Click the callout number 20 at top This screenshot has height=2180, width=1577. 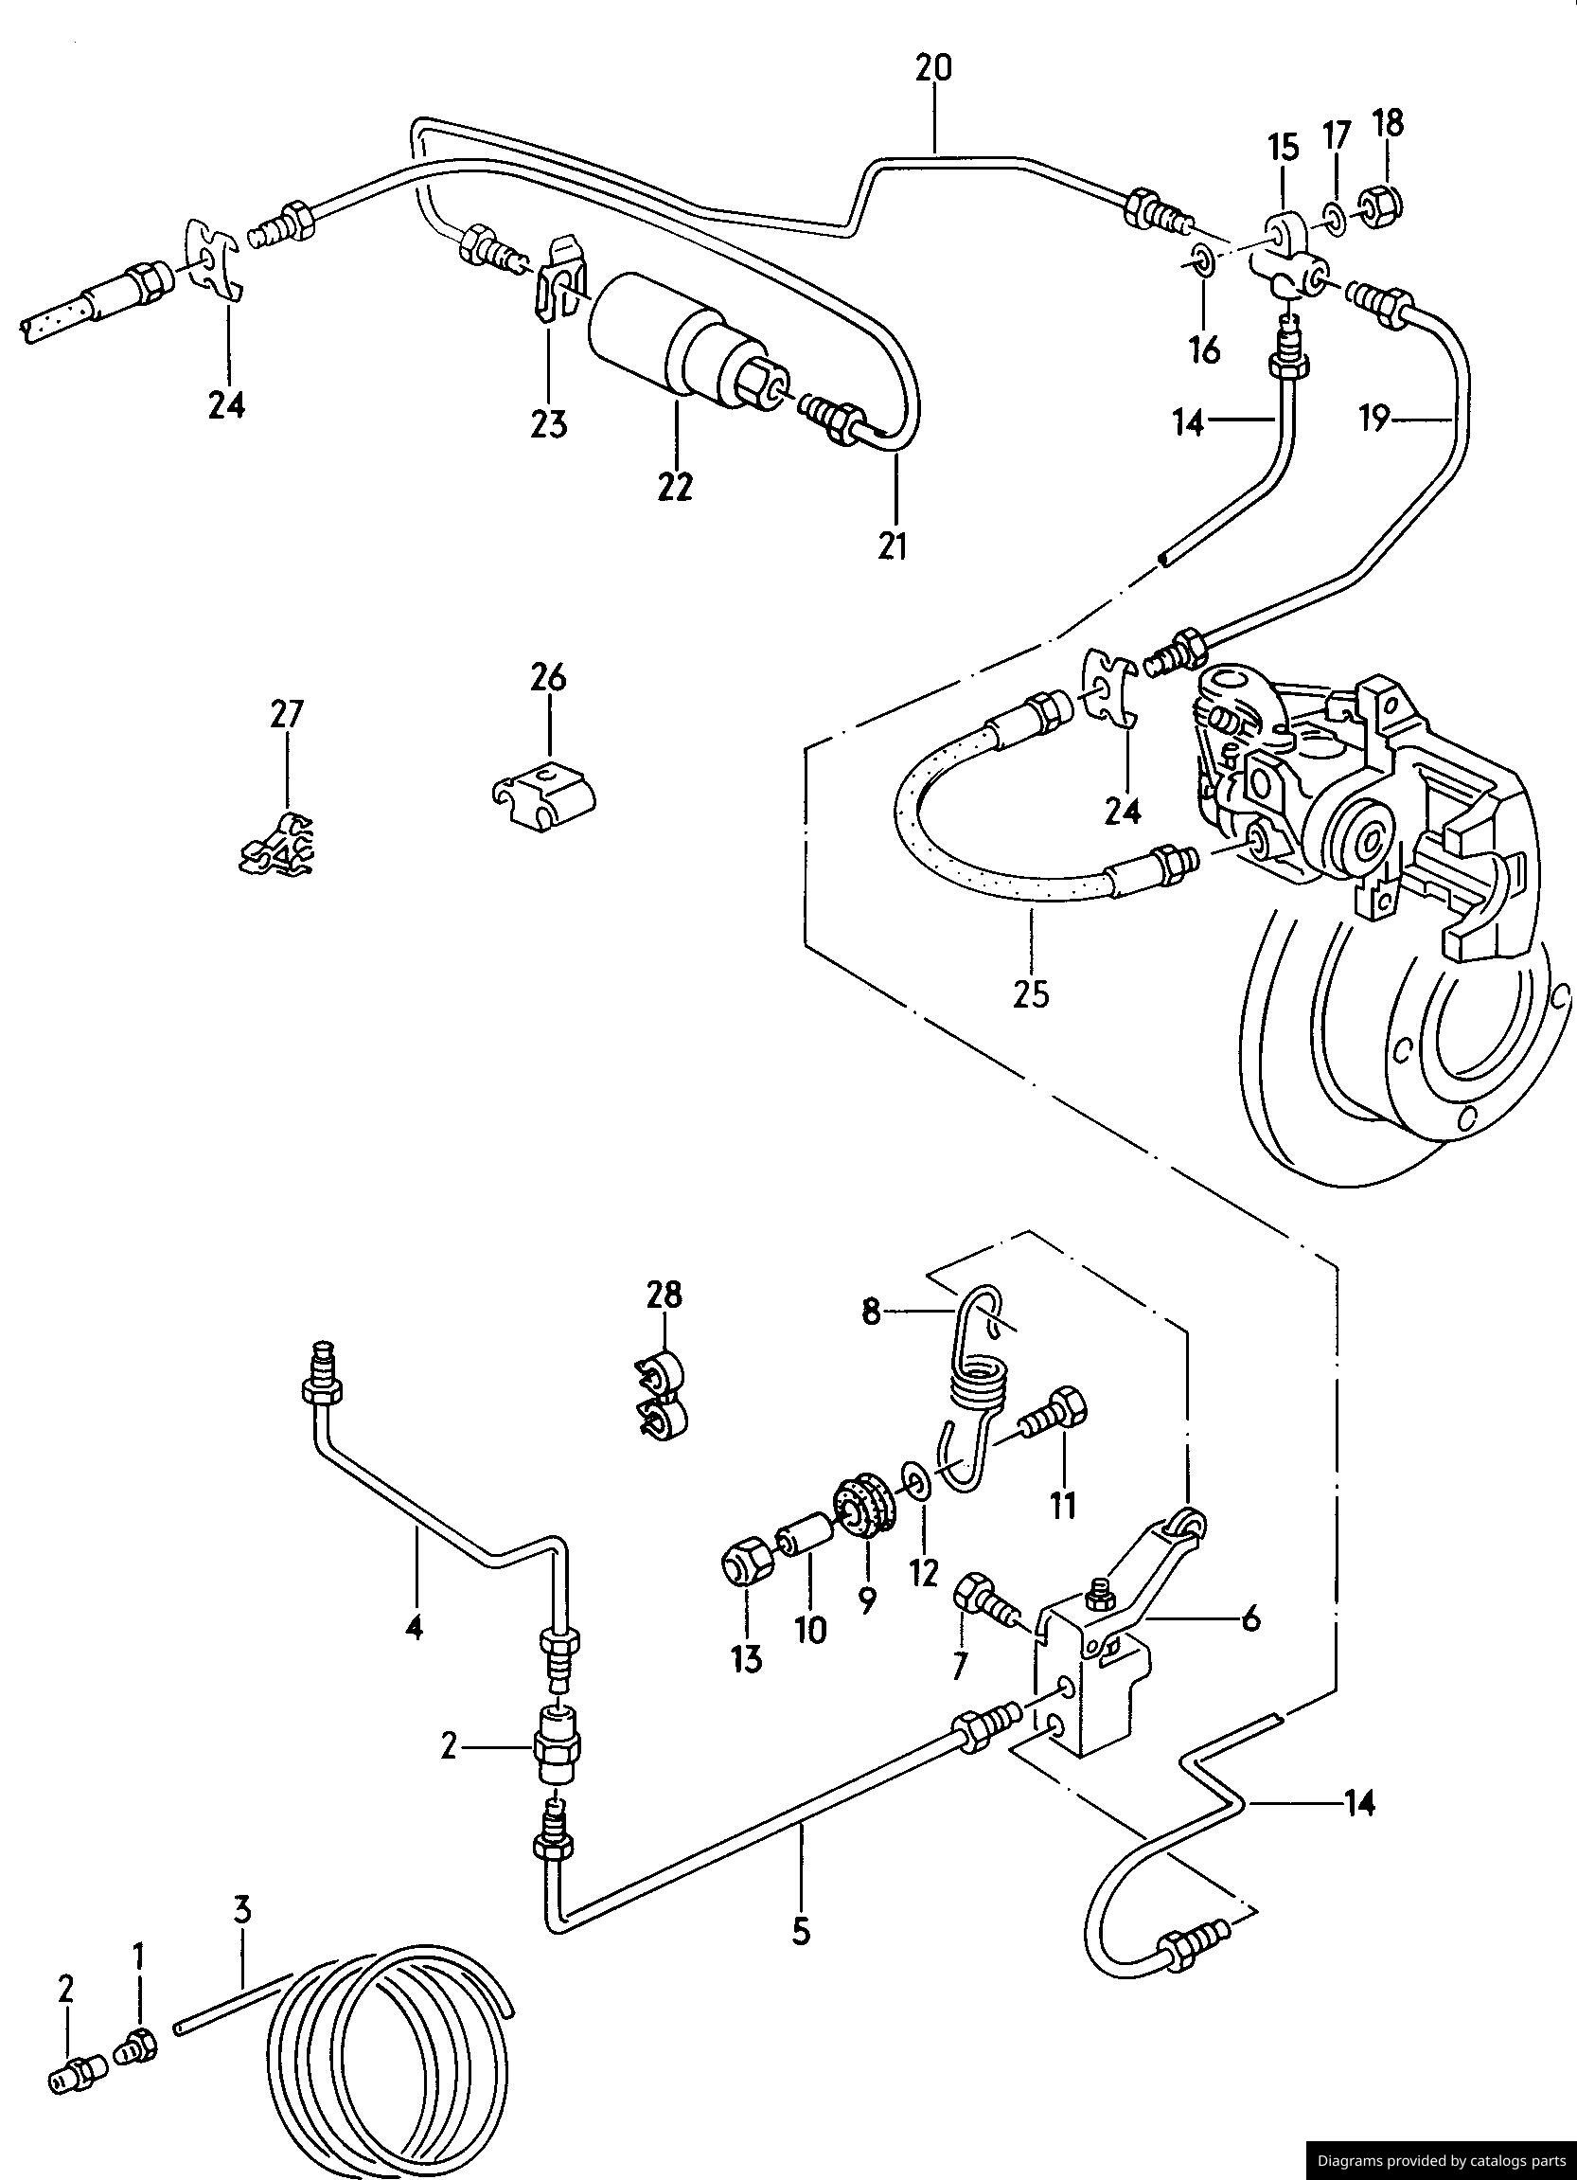(932, 69)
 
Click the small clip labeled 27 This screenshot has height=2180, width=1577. (278, 846)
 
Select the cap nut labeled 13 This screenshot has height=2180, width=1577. (747, 1569)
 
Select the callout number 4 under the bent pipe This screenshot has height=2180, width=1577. (415, 1626)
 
